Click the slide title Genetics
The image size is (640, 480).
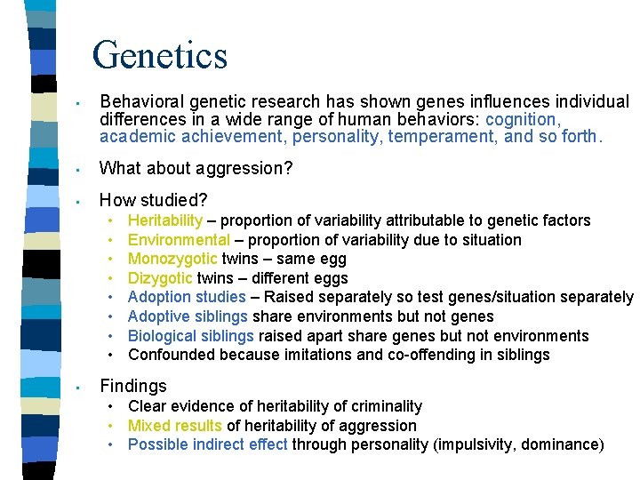(160, 54)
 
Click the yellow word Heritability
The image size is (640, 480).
(165, 220)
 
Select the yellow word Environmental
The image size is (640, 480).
(179, 240)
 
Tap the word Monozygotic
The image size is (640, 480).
(172, 260)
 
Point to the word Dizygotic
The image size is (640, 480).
(160, 279)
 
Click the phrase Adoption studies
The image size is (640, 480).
(187, 298)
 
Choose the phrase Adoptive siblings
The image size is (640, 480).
(188, 317)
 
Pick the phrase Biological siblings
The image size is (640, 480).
(191, 337)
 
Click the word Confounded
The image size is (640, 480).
(172, 356)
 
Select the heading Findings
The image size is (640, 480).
(133, 386)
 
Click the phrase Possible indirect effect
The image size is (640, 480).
(208, 444)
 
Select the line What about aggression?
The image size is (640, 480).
(196, 168)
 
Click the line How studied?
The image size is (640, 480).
(154, 199)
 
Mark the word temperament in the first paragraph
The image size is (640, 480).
(452, 137)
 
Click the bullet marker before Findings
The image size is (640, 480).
(79, 388)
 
